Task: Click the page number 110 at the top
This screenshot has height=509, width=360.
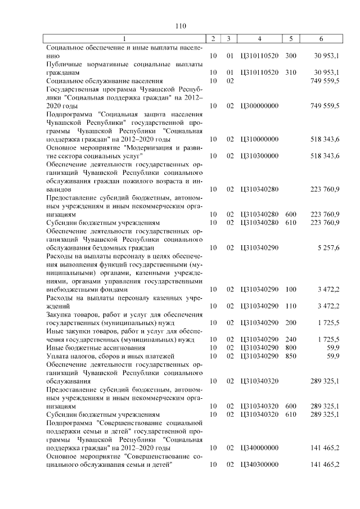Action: (180, 26)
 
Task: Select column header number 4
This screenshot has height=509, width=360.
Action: (259, 39)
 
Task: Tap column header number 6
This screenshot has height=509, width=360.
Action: (321, 39)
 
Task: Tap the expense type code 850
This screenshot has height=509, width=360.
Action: (290, 356)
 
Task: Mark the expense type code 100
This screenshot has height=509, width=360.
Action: (290, 289)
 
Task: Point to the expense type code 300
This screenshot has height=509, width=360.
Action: (290, 56)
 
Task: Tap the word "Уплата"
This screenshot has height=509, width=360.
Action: (59, 356)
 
